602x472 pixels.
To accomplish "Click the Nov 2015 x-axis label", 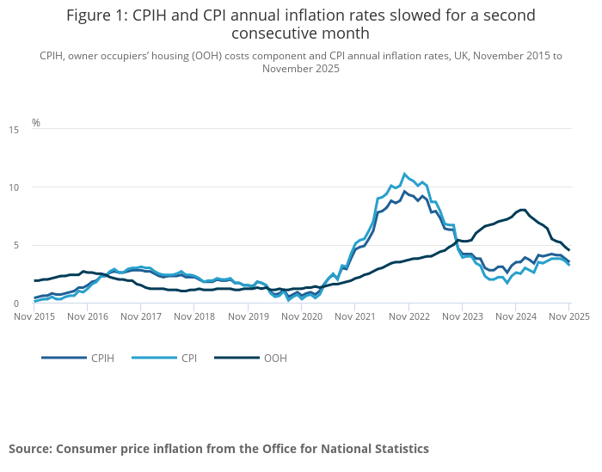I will (34, 316).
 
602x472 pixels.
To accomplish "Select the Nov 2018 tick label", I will (194, 316).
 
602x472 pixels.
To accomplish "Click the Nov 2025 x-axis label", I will (568, 316).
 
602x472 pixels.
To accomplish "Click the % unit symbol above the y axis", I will (36, 123).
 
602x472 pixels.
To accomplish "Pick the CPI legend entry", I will (188, 358).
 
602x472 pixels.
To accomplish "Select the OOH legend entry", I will (274, 358).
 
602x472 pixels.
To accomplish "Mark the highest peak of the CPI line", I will (404, 174).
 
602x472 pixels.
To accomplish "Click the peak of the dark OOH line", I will (523, 210).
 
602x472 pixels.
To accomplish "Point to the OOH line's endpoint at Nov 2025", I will (568, 250).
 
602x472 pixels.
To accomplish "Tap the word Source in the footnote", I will (32, 449).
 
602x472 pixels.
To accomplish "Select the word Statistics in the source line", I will (397, 449).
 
